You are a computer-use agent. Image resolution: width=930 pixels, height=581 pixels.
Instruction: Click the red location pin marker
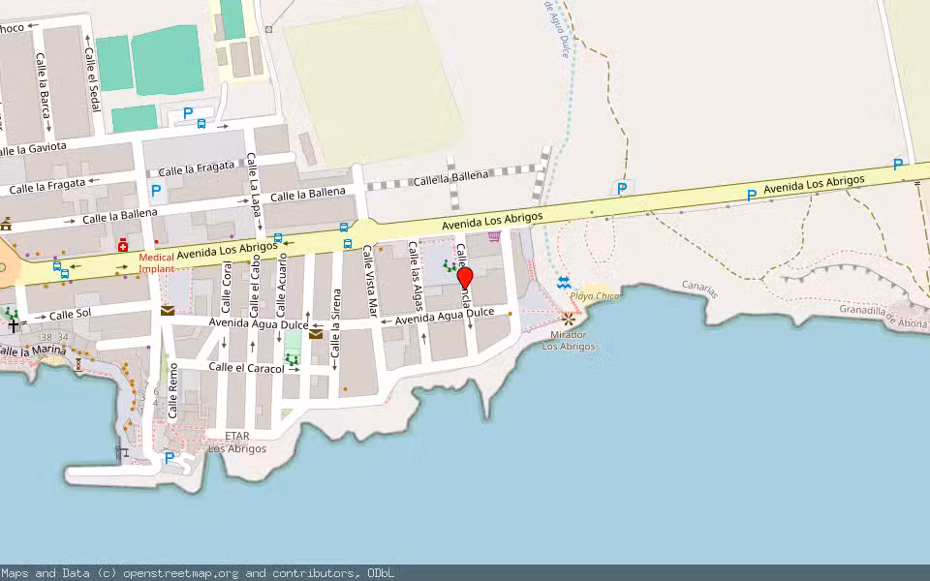(465, 278)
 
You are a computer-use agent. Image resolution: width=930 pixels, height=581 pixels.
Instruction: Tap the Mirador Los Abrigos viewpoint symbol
(569, 318)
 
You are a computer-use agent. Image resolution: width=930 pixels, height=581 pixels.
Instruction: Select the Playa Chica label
(594, 295)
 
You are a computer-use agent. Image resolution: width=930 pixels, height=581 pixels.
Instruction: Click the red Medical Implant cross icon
(123, 246)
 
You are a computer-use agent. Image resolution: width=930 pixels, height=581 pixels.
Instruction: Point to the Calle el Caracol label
(246, 368)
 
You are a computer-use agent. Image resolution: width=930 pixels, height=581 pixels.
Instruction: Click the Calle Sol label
(70, 315)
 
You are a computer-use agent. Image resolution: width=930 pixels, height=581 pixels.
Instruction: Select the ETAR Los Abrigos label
(237, 442)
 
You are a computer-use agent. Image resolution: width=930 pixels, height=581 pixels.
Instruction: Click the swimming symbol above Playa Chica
(565, 282)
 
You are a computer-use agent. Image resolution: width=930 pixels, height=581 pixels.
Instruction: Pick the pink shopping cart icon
(494, 235)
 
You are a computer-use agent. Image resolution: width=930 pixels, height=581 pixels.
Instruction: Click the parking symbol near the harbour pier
(170, 457)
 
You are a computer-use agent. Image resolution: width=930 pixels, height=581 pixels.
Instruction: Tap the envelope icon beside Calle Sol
(168, 311)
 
